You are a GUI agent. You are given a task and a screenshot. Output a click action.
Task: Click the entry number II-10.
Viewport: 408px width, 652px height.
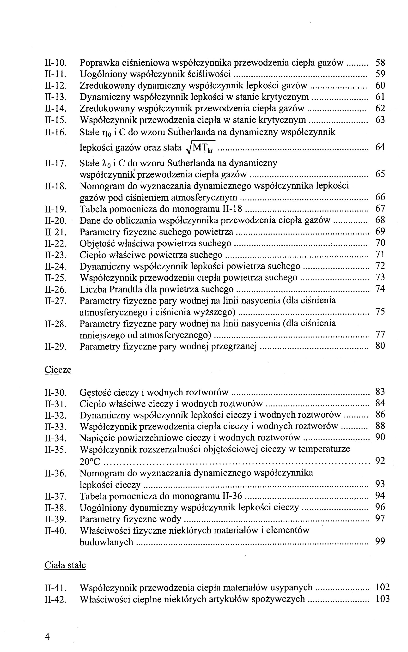55,63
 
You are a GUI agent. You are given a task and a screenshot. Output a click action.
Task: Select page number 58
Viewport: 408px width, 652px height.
380,63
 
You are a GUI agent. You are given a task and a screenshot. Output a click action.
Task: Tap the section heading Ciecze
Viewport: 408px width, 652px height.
58,369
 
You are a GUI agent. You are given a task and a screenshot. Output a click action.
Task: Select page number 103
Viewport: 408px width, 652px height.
382,599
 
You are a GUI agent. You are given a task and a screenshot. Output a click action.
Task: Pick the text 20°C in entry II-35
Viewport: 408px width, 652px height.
90,462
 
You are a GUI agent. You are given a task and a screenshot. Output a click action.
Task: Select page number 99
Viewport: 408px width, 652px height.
380,541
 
